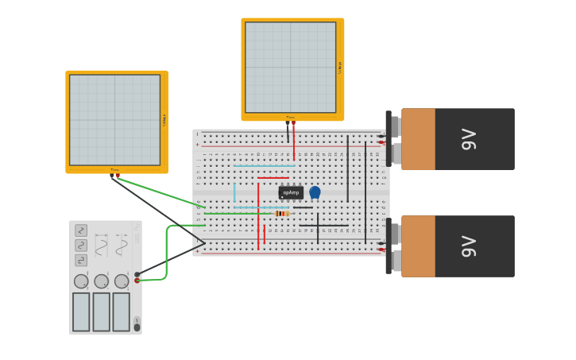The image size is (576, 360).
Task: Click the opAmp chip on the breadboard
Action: coord(291,192)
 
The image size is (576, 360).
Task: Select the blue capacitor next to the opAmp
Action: coord(315,192)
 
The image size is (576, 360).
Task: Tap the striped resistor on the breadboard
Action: coord(281,213)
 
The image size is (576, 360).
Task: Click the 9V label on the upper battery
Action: coord(469,139)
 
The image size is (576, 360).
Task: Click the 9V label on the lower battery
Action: coord(469,246)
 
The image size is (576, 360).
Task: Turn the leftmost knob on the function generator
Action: coord(81,281)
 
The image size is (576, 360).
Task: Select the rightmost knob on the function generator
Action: coord(122,281)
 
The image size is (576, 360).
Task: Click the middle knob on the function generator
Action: coord(102,281)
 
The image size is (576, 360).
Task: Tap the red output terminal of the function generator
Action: coord(137,281)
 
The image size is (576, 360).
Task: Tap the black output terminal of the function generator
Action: coord(137,274)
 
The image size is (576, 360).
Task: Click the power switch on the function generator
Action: coord(137,326)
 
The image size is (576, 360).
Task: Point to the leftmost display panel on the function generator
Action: coord(81,312)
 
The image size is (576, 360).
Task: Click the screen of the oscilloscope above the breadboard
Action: coord(290,67)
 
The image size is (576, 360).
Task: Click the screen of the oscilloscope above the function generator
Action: coord(114,120)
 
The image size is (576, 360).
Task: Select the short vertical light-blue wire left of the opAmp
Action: coord(234,193)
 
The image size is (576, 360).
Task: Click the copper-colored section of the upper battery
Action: coord(419,139)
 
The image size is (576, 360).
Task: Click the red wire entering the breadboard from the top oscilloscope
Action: coord(294,143)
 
